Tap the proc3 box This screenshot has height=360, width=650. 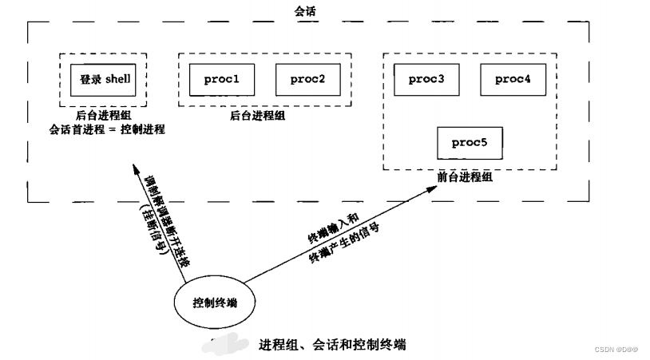tap(426, 79)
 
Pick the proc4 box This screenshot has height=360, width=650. tap(513, 79)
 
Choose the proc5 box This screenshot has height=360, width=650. tap(470, 142)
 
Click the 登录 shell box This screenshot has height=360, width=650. tap(104, 79)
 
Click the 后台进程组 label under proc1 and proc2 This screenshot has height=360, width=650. tap(257, 116)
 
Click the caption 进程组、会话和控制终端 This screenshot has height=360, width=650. tap(332, 345)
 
